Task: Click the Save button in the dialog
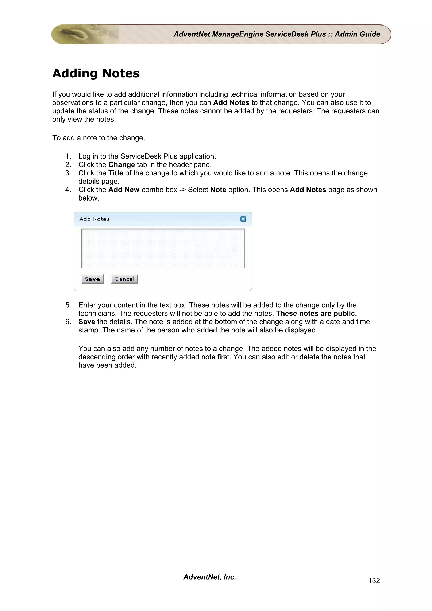click(x=92, y=279)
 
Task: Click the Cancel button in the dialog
click(x=124, y=279)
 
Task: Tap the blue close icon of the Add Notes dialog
click(x=243, y=219)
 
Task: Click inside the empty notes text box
click(x=163, y=248)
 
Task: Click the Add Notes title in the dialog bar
click(x=94, y=219)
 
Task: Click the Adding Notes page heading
click(x=96, y=73)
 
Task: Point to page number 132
click(x=374, y=580)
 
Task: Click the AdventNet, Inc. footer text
click(x=209, y=577)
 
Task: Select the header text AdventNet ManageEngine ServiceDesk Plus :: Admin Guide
click(x=277, y=34)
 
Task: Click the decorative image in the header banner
click(x=85, y=34)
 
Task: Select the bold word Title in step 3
click(x=116, y=173)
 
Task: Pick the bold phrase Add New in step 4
click(x=124, y=190)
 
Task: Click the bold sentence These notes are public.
click(x=316, y=314)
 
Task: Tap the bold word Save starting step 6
click(x=86, y=322)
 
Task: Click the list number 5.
click(x=68, y=305)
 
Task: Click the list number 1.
click(x=68, y=156)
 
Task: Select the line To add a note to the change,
click(x=99, y=138)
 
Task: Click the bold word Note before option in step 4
click(x=218, y=190)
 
